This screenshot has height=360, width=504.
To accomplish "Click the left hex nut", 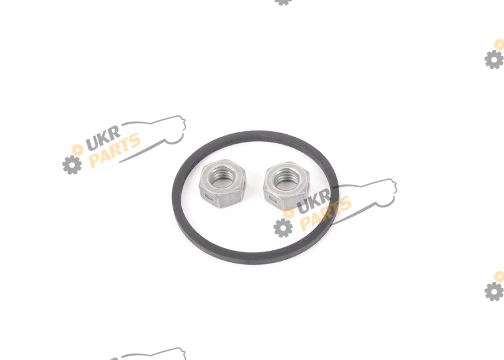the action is click(x=222, y=183).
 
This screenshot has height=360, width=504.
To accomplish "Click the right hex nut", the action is click(x=287, y=185).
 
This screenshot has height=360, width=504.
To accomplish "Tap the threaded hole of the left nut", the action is click(x=222, y=177).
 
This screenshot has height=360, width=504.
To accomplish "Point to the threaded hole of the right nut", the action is click(x=286, y=179).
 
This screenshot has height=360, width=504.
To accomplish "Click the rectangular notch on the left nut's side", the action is click(x=209, y=196).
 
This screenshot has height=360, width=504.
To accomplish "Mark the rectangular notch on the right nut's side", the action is click(x=273, y=200).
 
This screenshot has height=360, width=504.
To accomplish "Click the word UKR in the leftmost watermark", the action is click(x=103, y=137).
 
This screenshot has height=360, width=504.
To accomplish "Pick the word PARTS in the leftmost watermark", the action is click(x=115, y=150).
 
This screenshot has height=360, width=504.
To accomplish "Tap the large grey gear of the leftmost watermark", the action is click(x=72, y=165).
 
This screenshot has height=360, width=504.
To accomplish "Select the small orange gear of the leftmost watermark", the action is click(x=77, y=150).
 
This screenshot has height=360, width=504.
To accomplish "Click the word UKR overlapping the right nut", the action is click(x=314, y=201).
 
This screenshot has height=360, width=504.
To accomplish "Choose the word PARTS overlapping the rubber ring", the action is click(x=326, y=214).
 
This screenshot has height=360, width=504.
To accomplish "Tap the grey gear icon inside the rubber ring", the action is click(x=283, y=228).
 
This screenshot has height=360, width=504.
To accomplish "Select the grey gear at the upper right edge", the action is click(x=494, y=59).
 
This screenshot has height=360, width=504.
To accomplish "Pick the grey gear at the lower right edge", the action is click(x=494, y=291).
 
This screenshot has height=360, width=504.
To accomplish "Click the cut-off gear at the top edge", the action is click(x=283, y=3).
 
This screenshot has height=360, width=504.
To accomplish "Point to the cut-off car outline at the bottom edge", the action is click(x=151, y=354).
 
